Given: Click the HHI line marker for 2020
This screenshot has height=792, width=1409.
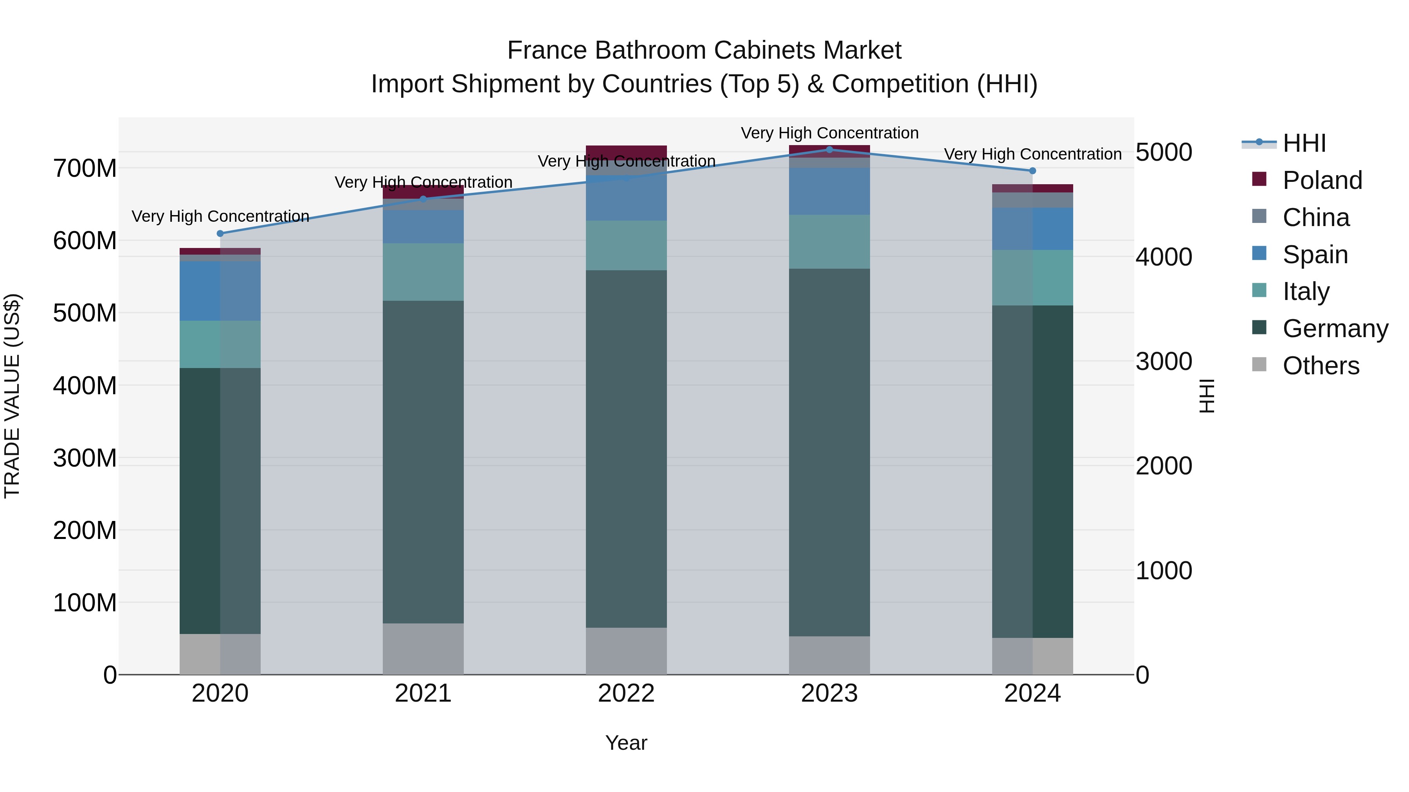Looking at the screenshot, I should pos(220,233).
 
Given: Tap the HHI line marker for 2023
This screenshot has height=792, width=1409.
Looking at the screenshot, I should pos(829,150).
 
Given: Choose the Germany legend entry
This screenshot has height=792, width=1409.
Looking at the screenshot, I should pos(1334,329).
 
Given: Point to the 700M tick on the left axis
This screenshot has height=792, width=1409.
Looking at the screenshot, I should pos(85,168).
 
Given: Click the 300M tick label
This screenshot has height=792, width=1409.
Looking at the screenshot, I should pos(85,458).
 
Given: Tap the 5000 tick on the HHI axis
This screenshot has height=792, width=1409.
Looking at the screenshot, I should pos(1164,153).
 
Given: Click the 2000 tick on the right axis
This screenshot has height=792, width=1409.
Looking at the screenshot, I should pos(1164,466).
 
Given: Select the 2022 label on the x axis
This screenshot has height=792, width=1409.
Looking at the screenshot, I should pos(626,693).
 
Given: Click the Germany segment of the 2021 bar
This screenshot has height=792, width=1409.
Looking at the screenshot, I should pos(423,462).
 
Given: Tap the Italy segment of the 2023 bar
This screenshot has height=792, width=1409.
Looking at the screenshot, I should pos(829,242).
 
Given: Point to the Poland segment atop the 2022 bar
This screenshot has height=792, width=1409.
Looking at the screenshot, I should pos(626,151).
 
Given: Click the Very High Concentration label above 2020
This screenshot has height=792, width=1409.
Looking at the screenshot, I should pos(220,216).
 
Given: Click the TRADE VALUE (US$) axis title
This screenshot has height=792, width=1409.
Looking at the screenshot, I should pos(12,396).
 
